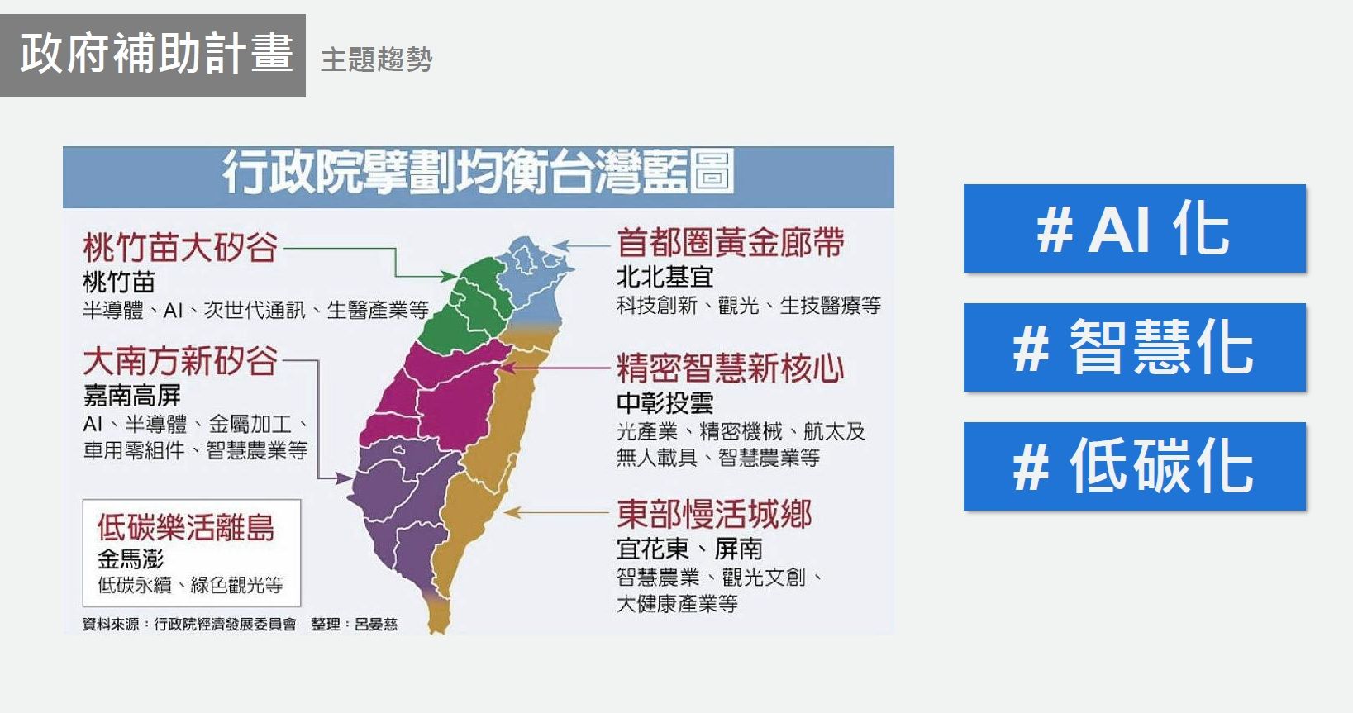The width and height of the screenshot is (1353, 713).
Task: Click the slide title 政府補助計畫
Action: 155,55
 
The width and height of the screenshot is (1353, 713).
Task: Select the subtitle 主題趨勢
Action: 376,59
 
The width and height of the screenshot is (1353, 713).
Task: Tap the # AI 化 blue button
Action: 1134,229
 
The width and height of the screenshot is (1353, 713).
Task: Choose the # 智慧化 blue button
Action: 1134,348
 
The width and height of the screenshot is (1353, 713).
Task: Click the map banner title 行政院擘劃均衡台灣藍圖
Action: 478,173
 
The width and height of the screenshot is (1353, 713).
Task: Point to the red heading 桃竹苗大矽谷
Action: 179,247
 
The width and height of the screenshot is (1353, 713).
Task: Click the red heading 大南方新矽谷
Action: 179,361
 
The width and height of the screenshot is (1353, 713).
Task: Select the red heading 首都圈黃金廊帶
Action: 730,243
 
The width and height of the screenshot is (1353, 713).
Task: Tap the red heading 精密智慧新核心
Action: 730,368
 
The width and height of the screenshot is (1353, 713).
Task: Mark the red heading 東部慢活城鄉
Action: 714,514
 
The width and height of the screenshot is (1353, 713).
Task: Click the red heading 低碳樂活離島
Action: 185,527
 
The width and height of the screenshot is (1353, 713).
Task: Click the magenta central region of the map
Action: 438,397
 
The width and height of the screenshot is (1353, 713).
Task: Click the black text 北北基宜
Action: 665,277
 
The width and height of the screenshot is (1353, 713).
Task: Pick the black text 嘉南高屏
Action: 131,396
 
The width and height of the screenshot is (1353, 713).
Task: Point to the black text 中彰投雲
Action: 665,403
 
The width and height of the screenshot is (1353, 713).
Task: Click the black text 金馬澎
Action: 131,559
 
